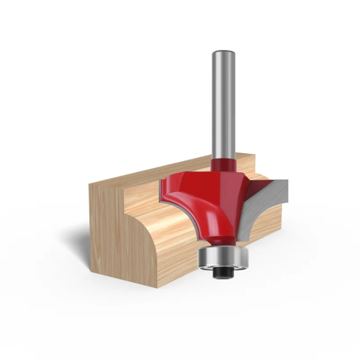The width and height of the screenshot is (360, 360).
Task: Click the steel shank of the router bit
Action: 224,103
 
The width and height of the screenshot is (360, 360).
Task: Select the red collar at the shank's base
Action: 224,162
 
